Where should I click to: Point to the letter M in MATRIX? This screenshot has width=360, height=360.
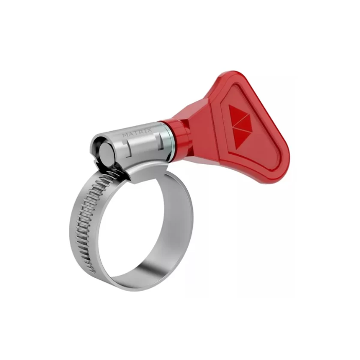(x=124, y=135)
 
